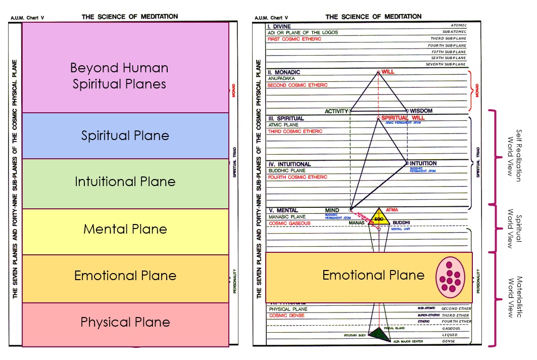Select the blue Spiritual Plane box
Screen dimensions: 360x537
point(125,136)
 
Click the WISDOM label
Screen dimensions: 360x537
point(421,111)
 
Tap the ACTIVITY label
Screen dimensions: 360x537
point(336,111)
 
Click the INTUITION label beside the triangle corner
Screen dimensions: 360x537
point(423,163)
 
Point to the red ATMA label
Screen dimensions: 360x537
point(392,209)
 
